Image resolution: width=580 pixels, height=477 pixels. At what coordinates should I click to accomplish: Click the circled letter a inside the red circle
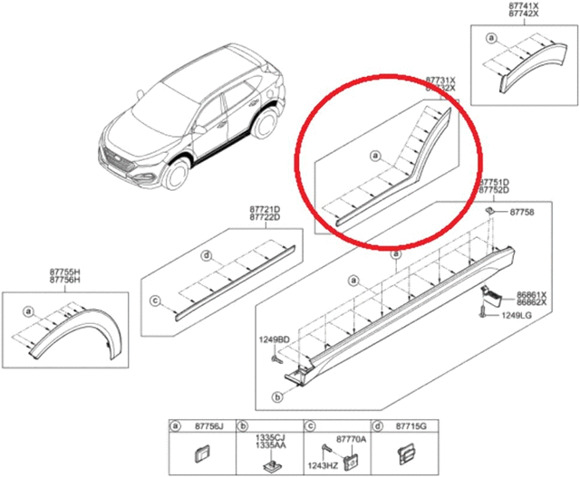[x=374, y=156]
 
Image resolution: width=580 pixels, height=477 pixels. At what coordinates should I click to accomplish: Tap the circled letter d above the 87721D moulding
[x=208, y=255]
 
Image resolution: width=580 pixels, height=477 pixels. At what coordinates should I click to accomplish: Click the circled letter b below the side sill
[x=276, y=396]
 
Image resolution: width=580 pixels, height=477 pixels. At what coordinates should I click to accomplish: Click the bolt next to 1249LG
[x=481, y=316]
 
